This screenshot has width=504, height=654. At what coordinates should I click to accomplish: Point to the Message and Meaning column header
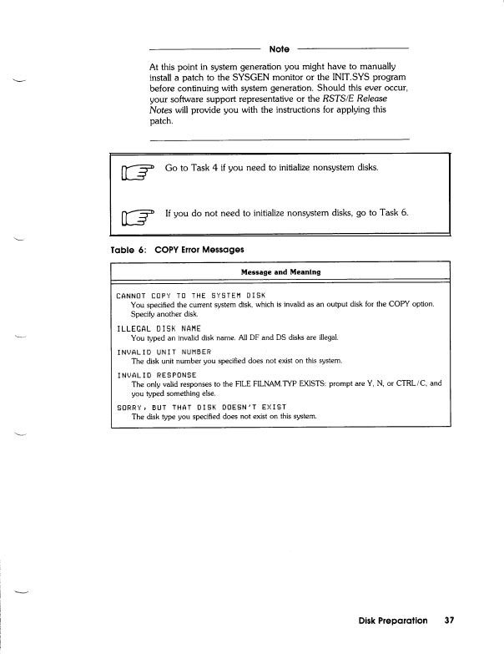pos(280,272)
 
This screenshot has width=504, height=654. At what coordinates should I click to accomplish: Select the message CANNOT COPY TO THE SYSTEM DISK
pos(190,295)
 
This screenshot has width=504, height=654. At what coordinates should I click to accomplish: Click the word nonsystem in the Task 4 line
pos(333,168)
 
